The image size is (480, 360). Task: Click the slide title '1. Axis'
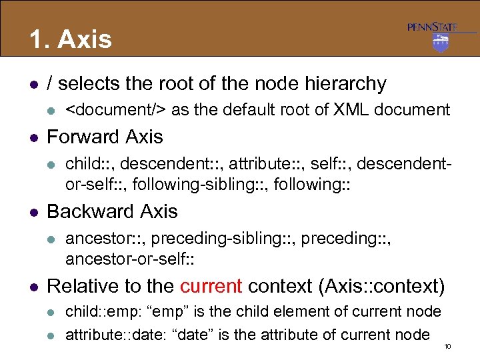coord(70,39)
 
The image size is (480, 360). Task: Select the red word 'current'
coord(211,286)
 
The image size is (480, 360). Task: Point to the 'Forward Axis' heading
coord(105,137)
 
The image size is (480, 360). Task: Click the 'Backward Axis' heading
coord(112,211)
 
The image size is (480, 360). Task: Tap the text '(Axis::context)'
coord(382,286)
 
